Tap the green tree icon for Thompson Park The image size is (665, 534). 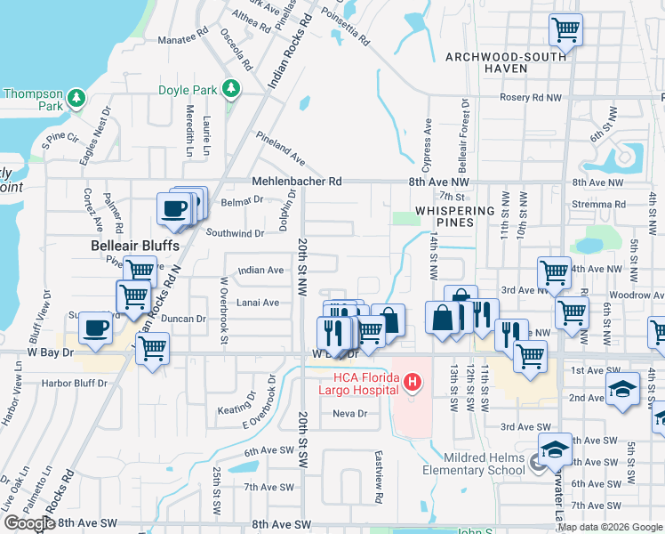[77, 98]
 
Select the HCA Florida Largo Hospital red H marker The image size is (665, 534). [412, 384]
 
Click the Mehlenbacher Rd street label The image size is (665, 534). [297, 181]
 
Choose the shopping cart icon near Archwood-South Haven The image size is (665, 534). [565, 31]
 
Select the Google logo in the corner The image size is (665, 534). [29, 523]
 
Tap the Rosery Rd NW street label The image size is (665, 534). [531, 97]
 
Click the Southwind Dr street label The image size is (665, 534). [236, 233]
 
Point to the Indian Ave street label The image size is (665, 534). [260, 270]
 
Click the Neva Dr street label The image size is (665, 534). [349, 414]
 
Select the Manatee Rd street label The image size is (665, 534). [182, 40]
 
